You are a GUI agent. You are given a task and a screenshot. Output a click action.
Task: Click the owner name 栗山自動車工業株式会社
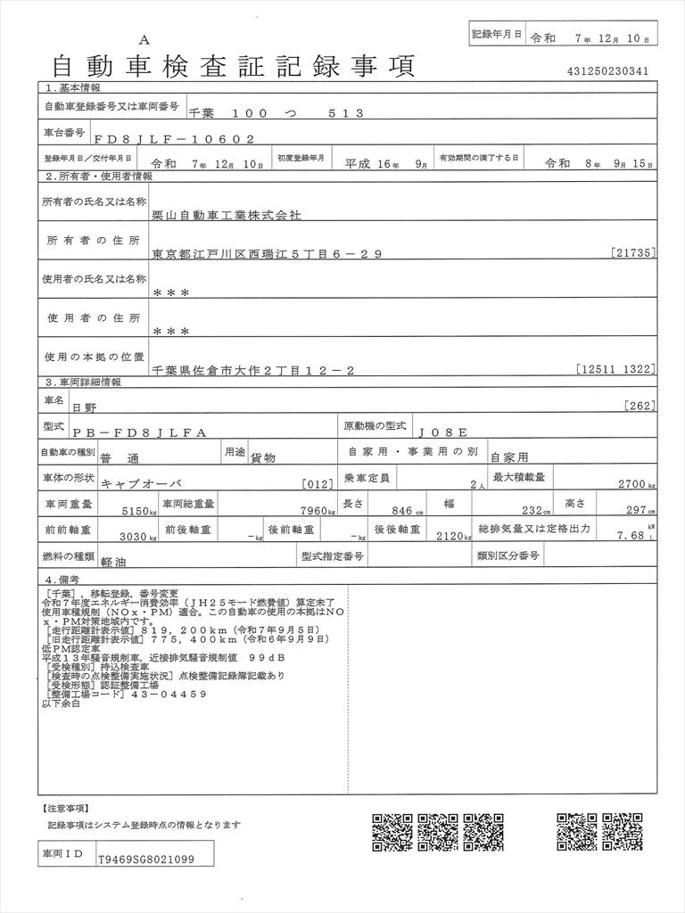(x=227, y=216)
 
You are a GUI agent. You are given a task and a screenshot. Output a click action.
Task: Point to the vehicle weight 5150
(x=135, y=510)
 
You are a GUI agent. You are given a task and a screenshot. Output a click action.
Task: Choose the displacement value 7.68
(x=631, y=535)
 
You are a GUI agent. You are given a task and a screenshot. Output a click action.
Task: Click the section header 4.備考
(x=62, y=580)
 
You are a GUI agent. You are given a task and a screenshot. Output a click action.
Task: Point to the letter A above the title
(x=144, y=39)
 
